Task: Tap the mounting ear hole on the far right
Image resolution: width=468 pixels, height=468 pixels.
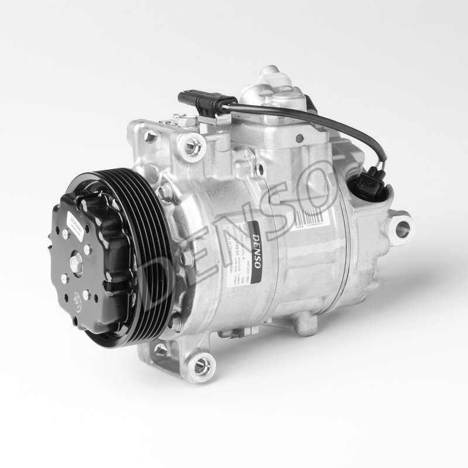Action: pos(402,228)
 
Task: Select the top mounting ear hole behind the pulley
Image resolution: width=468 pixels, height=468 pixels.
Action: pos(190,144)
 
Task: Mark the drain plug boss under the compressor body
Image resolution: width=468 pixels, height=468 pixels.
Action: pos(304,324)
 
